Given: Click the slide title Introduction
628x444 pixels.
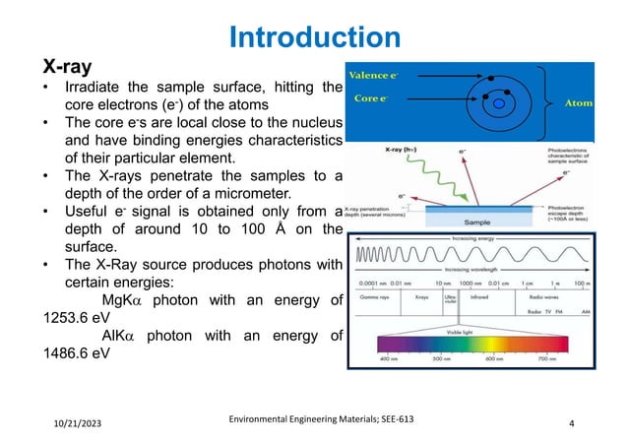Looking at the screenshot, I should pyautogui.click(x=314, y=37).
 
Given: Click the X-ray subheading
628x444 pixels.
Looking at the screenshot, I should pyautogui.click(x=66, y=67).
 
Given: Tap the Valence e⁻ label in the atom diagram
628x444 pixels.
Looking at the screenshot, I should pyautogui.click(x=372, y=76).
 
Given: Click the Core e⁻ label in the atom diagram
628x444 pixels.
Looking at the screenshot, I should pyautogui.click(x=368, y=98).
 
